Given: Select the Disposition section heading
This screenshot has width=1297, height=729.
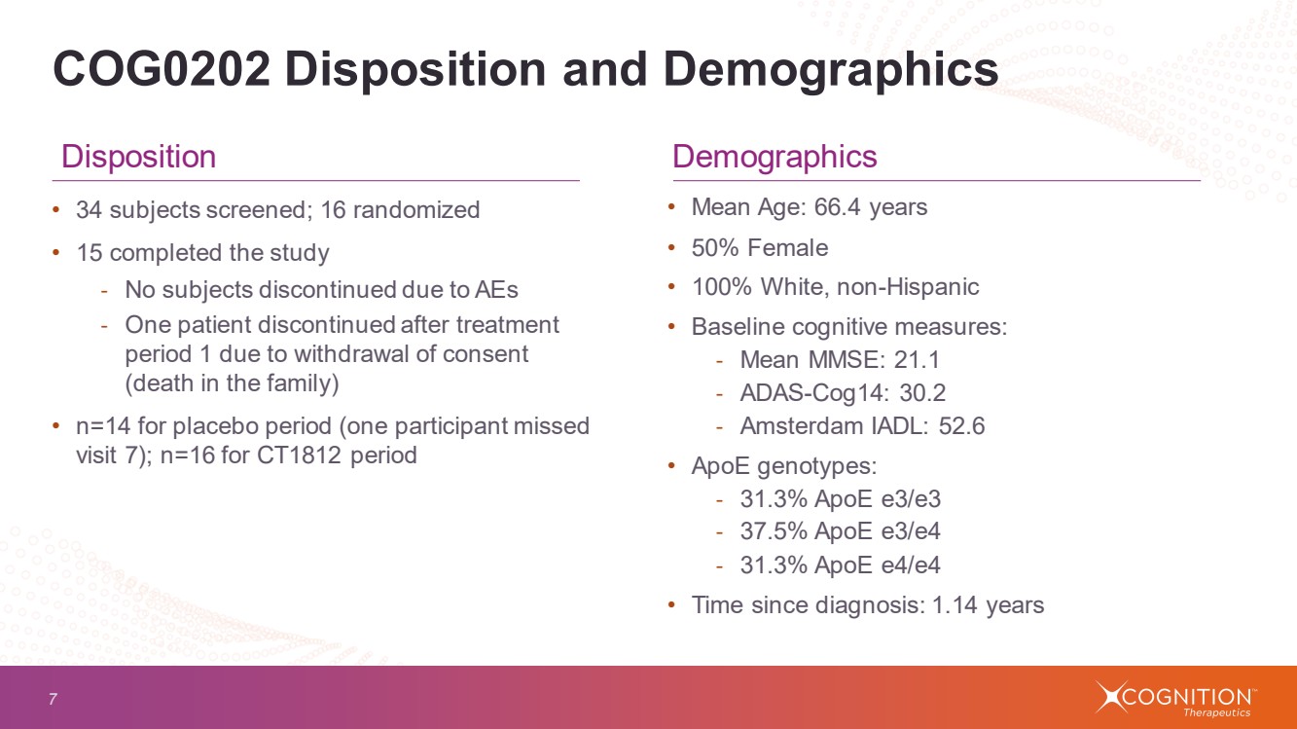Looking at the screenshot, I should tap(138, 157).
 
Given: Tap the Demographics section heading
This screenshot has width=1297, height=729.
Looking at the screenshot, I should tap(775, 157).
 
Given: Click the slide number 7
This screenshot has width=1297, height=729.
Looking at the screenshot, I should tap(53, 698).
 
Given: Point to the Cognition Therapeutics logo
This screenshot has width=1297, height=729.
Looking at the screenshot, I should tap(1175, 698).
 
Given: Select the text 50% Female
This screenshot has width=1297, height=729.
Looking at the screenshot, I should tap(759, 248).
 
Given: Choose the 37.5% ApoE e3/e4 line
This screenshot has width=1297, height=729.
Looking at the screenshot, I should tap(840, 531).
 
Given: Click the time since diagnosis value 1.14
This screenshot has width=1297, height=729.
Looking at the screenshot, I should tap(956, 605).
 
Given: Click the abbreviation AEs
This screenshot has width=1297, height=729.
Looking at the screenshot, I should tap(497, 289).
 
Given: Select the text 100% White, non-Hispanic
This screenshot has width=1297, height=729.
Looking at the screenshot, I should tap(835, 287).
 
